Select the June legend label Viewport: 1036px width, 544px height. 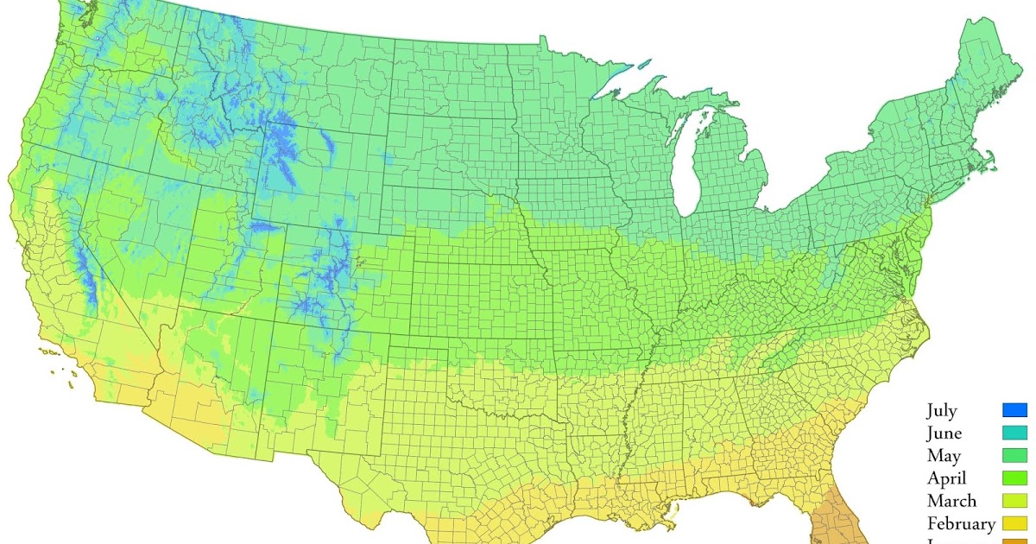pos(944,433)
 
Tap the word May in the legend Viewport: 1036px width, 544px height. pos(943,456)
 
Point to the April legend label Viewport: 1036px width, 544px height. pos(947,478)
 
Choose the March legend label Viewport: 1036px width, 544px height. pos(951,501)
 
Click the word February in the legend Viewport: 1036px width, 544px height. pos(961,523)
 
